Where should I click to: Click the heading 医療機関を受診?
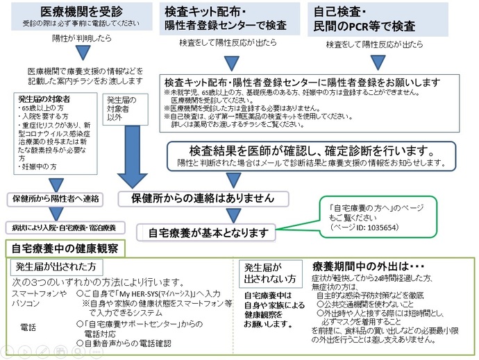coord(76,12)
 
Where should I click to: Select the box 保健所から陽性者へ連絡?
coord(56,198)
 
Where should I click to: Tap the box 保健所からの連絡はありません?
coord(203,198)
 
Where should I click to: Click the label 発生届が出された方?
coord(56,266)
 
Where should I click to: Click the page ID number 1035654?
coord(372,227)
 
